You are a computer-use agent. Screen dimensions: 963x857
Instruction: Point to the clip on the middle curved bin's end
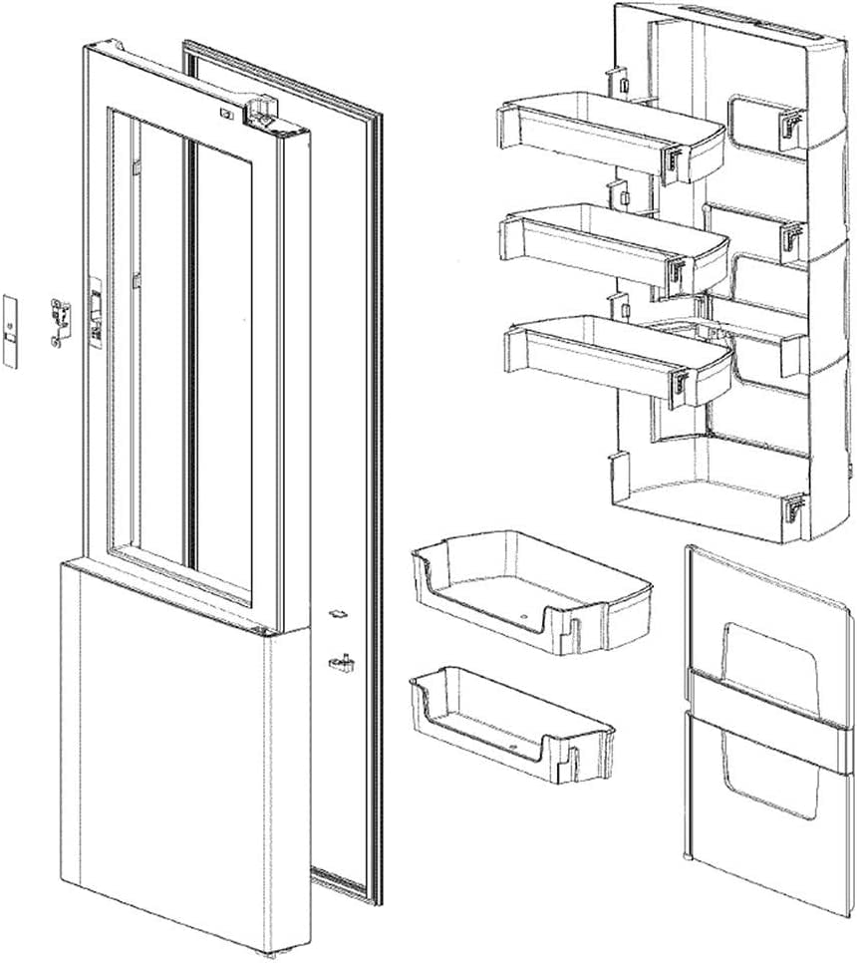pyautogui.click(x=680, y=271)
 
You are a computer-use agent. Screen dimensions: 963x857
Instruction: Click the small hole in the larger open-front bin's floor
pyautogui.click(x=525, y=618)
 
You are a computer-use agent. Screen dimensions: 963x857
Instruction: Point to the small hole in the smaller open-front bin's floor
pyautogui.click(x=509, y=744)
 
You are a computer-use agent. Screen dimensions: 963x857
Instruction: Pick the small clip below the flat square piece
pyautogui.click(x=341, y=660)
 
